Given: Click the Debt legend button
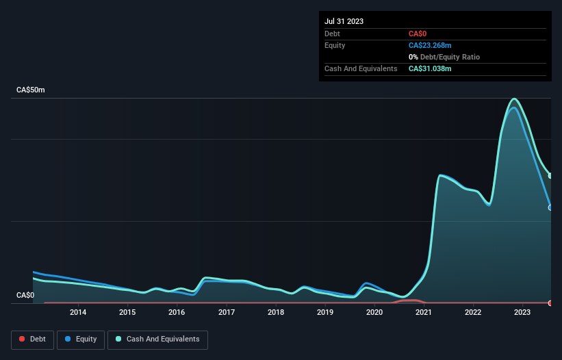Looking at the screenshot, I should click(x=32, y=339).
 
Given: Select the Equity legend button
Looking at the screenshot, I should click(x=80, y=339).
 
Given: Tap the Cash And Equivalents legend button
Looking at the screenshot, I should click(x=157, y=339).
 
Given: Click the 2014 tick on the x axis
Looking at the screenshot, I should click(x=78, y=313).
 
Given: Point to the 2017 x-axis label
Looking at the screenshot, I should click(x=227, y=313).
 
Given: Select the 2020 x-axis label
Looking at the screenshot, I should click(x=374, y=313).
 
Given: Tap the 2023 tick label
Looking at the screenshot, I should click(x=522, y=313).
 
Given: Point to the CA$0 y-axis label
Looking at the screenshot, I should click(x=25, y=295).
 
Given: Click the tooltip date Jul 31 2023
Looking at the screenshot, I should click(x=344, y=21).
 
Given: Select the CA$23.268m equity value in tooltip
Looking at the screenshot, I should click(x=430, y=45).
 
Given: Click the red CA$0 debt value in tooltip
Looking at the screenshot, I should click(x=418, y=34).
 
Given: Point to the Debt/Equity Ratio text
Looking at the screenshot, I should click(x=448, y=57).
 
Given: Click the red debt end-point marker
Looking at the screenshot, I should click(x=550, y=303).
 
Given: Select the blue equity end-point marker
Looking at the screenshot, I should click(x=550, y=207).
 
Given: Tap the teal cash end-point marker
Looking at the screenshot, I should click(x=550, y=176).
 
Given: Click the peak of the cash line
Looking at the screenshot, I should click(x=514, y=99).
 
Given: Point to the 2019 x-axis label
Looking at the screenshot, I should click(x=325, y=313).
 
